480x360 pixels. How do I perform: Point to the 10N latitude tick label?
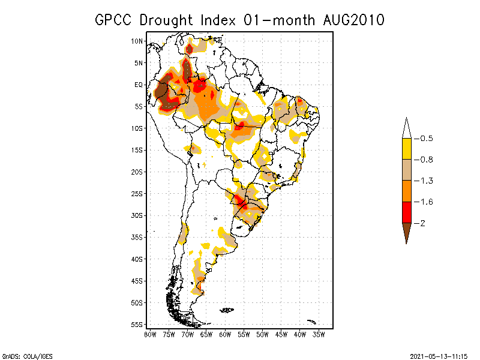(x=137, y=41)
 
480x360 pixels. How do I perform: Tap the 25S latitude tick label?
(x=137, y=193)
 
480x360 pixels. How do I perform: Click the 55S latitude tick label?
(x=137, y=325)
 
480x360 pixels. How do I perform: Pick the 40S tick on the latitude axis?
(x=137, y=259)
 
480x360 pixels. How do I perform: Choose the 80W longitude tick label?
(x=150, y=334)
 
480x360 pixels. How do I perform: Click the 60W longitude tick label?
(x=225, y=334)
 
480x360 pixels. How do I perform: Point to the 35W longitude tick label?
(x=319, y=334)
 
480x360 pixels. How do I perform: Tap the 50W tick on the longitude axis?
(x=262, y=334)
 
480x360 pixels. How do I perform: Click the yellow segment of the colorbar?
(x=406, y=149)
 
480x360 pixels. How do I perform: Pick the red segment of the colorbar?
(x=406, y=212)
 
